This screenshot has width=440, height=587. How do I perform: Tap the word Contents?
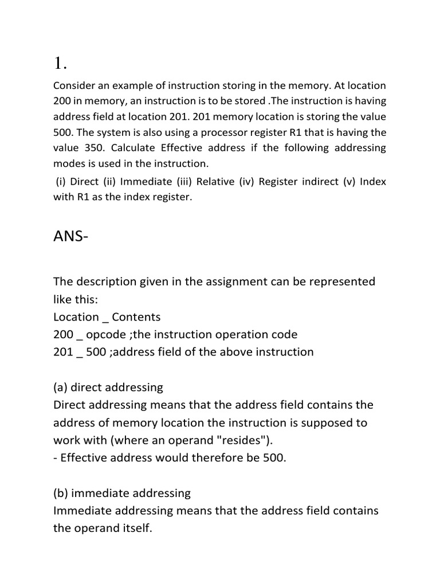pyautogui.click(x=136, y=317)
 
